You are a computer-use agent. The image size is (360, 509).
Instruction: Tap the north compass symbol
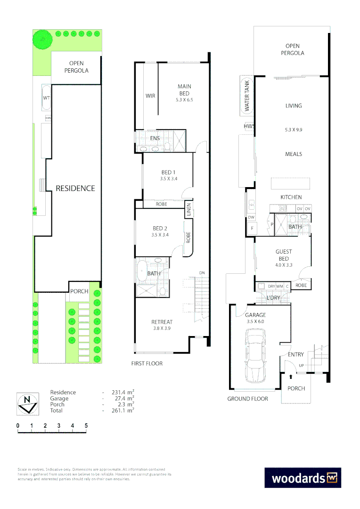pos(27,404)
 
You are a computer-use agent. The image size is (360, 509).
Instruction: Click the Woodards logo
pos(302,477)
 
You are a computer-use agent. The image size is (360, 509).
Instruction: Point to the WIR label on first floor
pos(150,96)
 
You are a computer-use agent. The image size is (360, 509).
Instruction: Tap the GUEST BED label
pos(283,255)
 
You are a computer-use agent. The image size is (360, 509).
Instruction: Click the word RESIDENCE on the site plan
pos(75,188)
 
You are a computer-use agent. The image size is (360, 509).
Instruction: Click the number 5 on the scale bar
pos(86,426)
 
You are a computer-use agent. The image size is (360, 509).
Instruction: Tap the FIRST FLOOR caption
pos(147,363)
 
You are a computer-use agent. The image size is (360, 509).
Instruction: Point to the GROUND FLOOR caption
pos(247,399)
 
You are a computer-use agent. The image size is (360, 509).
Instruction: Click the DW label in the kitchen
pos(251,217)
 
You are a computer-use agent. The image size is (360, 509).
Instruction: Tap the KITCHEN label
pos(291,197)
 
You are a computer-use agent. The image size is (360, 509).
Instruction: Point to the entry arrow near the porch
pos(291,376)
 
